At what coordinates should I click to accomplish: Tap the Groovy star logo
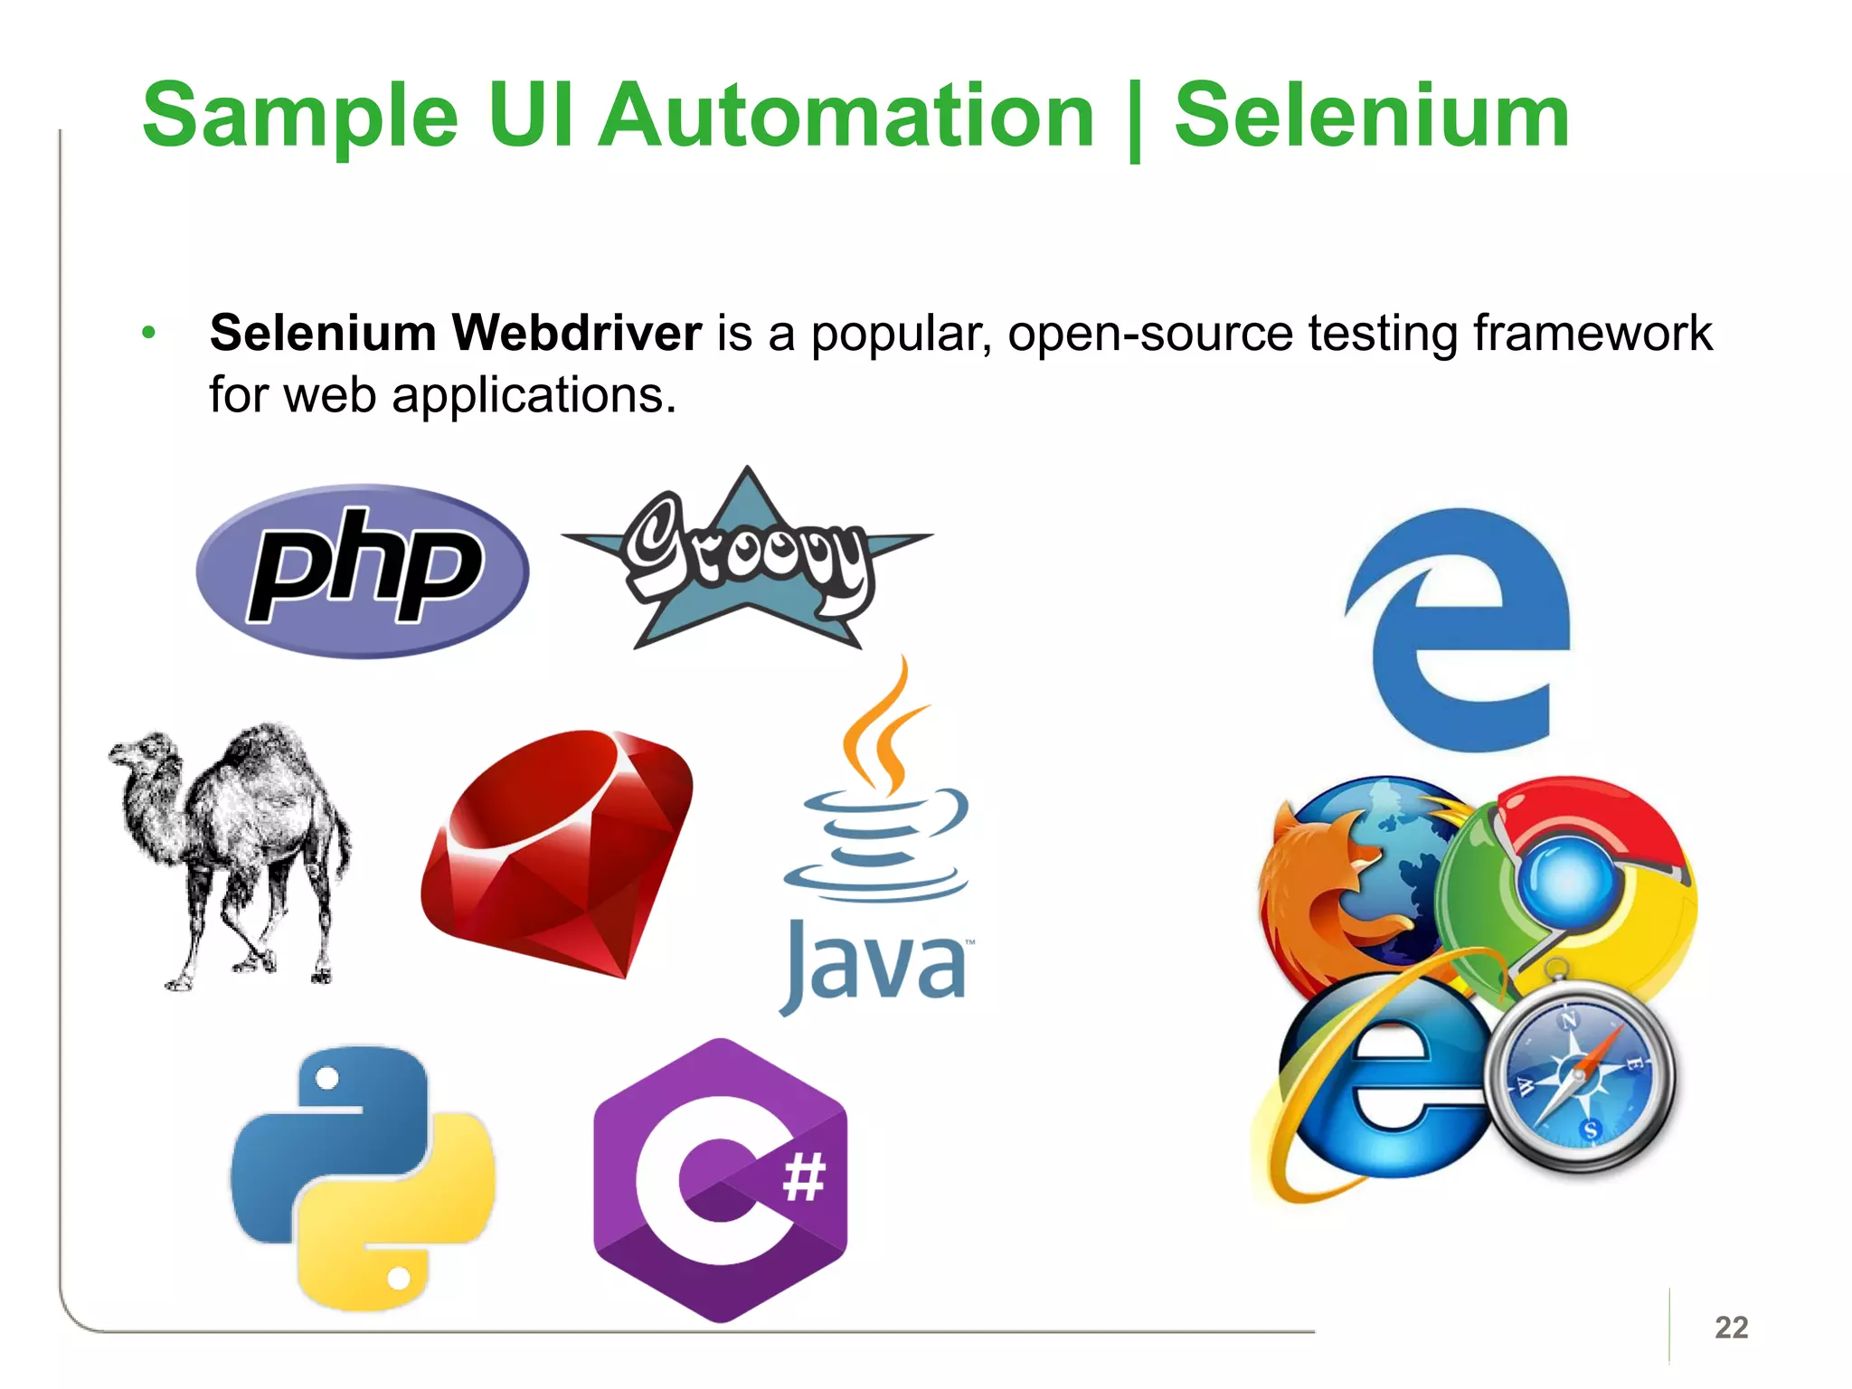click(748, 561)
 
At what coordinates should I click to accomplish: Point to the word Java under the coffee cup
click(875, 966)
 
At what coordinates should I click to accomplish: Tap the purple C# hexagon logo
click(721, 1180)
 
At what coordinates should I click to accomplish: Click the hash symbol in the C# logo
click(804, 1177)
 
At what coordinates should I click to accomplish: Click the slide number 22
click(1731, 1327)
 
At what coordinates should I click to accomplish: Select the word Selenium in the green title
click(1371, 116)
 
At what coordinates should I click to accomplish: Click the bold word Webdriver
click(576, 333)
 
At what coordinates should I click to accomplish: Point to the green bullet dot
click(149, 333)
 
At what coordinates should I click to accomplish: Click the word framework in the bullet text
click(1592, 333)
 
